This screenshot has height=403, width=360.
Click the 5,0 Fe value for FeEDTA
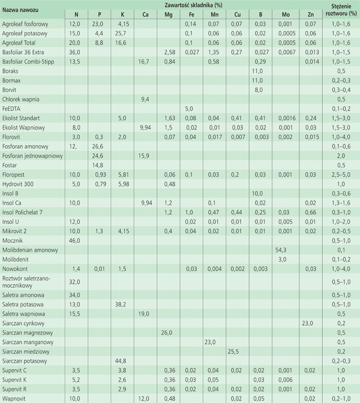point(190,109)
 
